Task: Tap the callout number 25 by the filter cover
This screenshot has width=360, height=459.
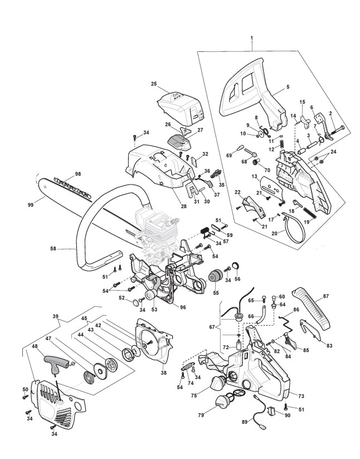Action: pos(153,84)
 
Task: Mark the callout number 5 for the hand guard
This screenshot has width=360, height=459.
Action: pos(288,87)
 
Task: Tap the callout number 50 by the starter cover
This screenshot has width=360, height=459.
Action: pos(25,389)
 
